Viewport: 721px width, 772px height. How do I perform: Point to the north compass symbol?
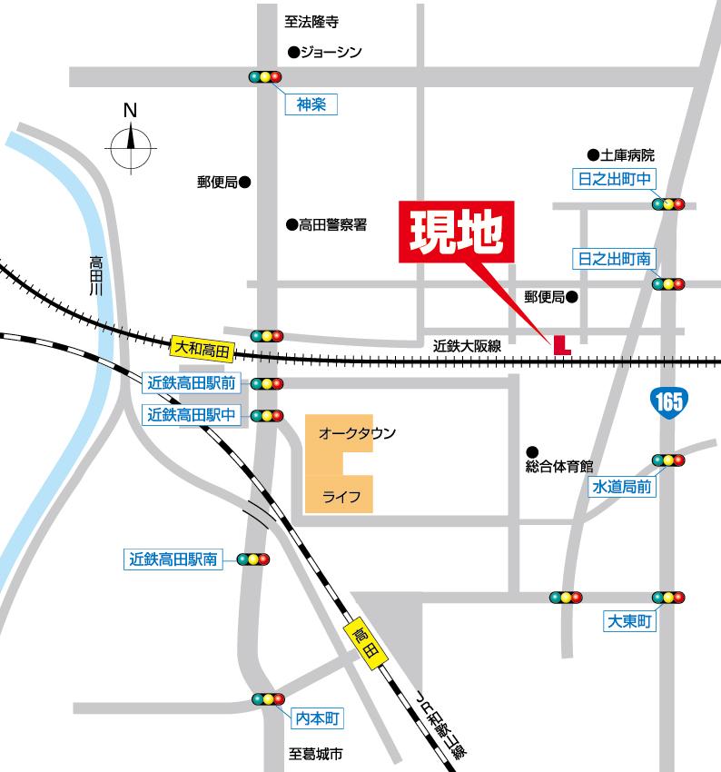tap(130, 141)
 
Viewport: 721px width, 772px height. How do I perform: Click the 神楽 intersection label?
tap(311, 105)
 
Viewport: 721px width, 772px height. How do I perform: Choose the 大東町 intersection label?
tap(630, 623)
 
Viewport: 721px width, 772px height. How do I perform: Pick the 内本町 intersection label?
tap(317, 719)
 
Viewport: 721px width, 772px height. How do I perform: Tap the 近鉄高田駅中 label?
tap(192, 415)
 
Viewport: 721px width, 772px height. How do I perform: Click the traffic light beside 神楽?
tap(265, 77)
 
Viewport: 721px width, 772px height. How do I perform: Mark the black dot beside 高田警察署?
tap(291, 224)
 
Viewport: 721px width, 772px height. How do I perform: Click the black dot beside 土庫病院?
tap(593, 155)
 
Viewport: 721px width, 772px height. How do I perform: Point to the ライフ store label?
tap(342, 497)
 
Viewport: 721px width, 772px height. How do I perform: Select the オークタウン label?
tap(357, 434)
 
